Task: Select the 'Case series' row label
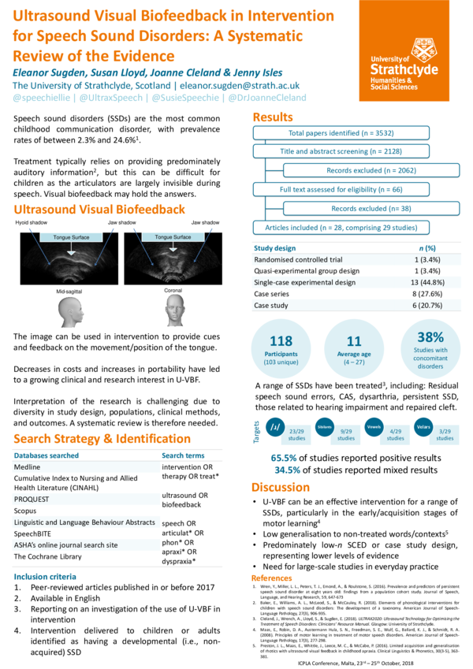click(272, 293)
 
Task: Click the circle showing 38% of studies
click(430, 348)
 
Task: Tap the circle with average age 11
click(353, 347)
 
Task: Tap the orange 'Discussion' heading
click(281, 487)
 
